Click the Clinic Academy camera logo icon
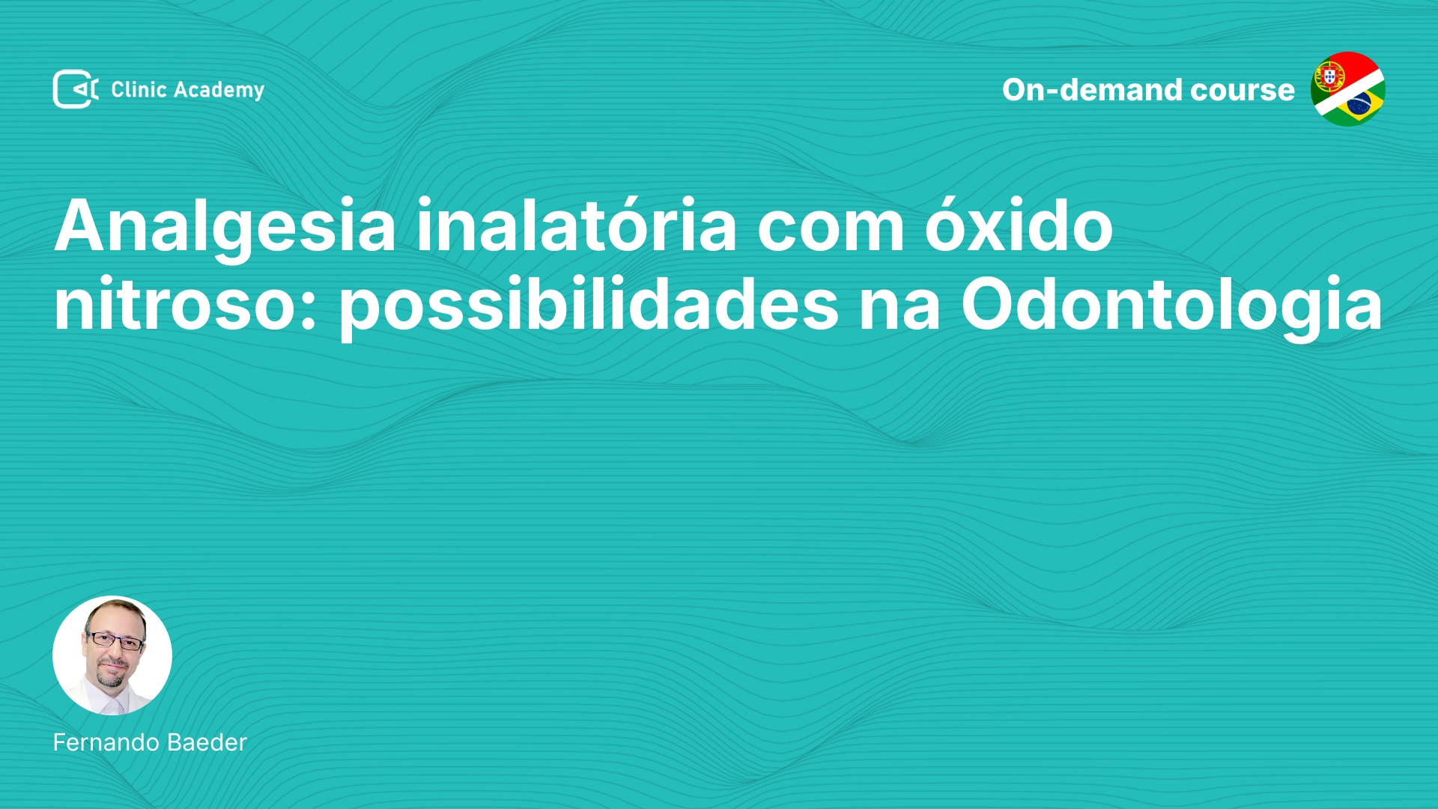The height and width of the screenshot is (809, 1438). tap(75, 89)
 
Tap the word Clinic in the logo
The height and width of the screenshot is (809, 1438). tap(139, 89)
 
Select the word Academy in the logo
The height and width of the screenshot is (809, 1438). tap(219, 91)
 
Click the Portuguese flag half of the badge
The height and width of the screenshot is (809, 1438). tap(1337, 75)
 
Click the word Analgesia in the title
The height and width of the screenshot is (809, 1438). tap(225, 227)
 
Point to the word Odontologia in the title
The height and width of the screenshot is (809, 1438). tap(1172, 306)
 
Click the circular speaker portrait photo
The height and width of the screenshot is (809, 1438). tap(112, 655)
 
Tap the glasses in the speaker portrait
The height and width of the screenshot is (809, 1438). tap(115, 640)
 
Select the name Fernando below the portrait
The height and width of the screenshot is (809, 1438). tap(106, 742)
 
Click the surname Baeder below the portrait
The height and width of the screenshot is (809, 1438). tap(207, 742)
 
